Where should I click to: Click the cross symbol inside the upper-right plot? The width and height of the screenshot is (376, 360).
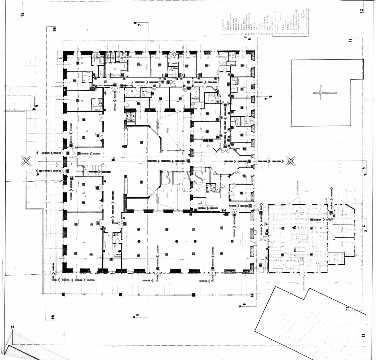coord(318,92)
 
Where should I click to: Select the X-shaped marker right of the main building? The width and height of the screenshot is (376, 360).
coord(291,160)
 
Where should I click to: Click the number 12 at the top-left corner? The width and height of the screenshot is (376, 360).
coord(22,13)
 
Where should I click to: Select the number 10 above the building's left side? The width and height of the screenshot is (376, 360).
coord(54,29)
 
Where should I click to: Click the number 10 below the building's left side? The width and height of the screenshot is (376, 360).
coord(52,316)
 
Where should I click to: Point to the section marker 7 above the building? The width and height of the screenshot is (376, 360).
coord(140,24)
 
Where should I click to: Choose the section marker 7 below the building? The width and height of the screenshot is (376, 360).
coord(138,315)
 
